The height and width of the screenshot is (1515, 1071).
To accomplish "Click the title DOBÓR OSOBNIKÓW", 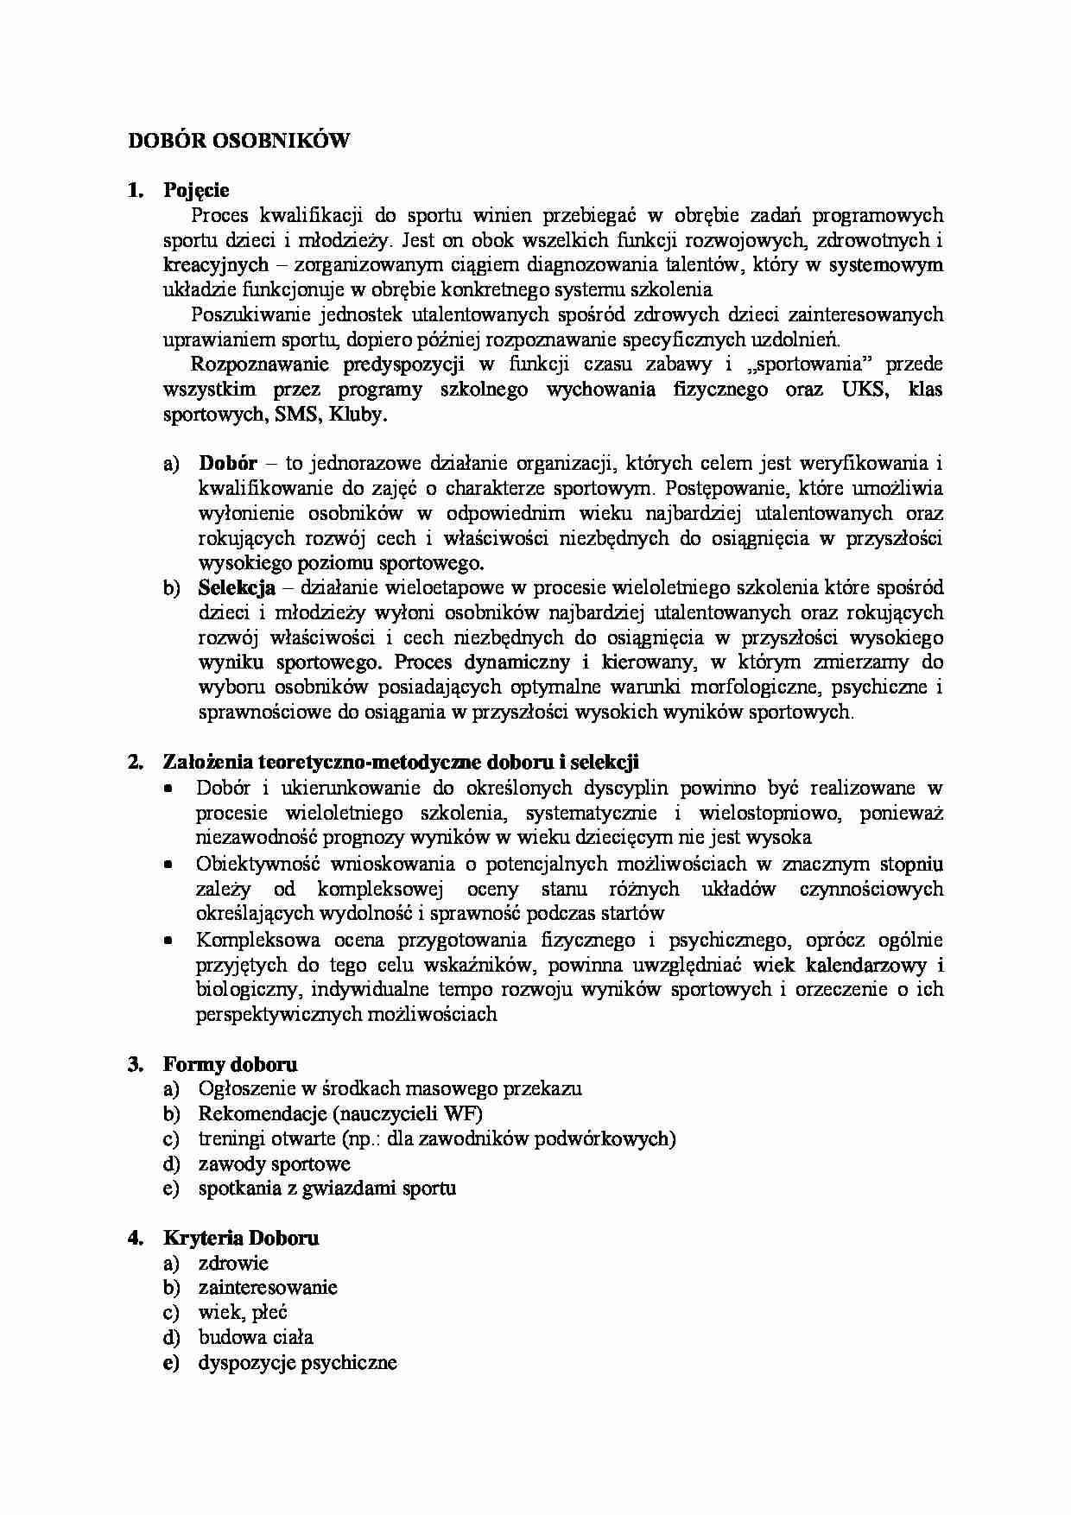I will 238,141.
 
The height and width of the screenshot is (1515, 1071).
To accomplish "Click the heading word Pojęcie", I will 196,190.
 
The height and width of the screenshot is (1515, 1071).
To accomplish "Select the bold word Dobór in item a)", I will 227,463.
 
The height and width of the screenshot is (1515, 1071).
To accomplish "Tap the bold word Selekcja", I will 236,588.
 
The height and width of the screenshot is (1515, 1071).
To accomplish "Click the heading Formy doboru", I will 230,1064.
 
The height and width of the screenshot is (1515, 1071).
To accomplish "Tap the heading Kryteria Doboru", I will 241,1238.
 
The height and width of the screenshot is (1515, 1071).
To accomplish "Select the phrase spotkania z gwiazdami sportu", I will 326,1189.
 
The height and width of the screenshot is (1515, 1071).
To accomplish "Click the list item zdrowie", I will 233,1264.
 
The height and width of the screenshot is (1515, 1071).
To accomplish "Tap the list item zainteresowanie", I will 267,1288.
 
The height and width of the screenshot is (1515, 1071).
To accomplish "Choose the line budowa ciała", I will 256,1338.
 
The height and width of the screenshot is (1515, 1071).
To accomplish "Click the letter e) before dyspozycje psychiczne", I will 171,1363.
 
